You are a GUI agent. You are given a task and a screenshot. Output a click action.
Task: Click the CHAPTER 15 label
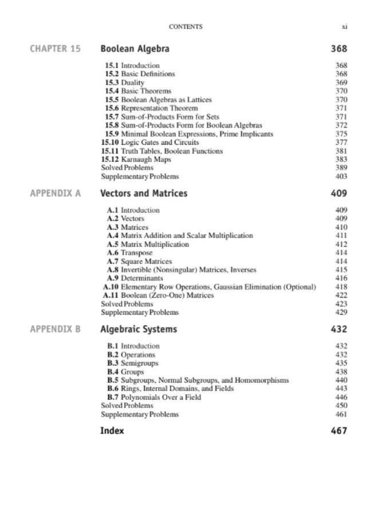(x=55, y=49)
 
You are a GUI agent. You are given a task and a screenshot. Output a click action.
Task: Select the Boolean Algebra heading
(x=135, y=49)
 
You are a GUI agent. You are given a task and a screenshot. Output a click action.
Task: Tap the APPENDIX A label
(x=55, y=193)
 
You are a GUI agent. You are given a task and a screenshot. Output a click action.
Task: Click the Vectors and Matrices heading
(x=144, y=193)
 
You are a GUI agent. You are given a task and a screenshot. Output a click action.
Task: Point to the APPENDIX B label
(x=55, y=330)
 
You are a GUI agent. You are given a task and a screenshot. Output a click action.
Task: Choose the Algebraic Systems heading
(x=139, y=330)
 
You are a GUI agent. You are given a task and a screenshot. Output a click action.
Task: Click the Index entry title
(x=112, y=431)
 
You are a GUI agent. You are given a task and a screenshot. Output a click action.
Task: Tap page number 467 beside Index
(x=339, y=431)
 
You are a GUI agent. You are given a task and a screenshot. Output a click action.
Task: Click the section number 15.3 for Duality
(x=112, y=82)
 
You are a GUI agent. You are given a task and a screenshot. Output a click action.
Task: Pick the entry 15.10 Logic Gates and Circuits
(x=150, y=142)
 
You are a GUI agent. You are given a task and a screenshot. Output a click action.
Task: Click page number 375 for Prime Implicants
(x=341, y=134)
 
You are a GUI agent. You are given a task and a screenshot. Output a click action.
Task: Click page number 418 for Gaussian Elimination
(x=341, y=287)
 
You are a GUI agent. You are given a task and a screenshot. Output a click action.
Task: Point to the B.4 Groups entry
(x=125, y=372)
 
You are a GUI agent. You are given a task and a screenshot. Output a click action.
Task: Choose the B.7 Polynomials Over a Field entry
(x=154, y=397)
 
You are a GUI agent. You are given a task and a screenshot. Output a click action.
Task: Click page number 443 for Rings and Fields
(x=341, y=389)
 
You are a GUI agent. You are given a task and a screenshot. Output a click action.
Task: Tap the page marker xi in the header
(x=345, y=26)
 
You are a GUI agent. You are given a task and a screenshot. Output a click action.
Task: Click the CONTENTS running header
(x=186, y=26)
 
